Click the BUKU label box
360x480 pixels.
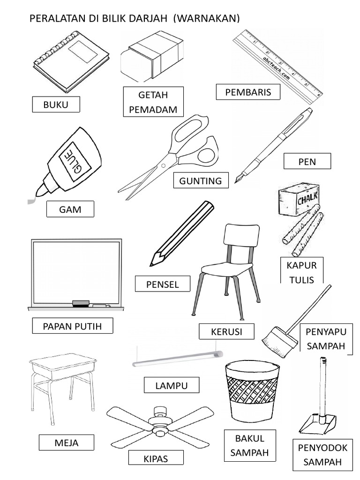(56, 105)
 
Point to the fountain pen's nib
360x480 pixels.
(239, 178)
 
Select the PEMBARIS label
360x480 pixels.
(248, 92)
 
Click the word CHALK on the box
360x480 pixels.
(307, 198)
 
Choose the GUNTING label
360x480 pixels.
(201, 180)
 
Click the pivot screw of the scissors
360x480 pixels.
(163, 165)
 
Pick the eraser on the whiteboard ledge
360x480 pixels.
(81, 303)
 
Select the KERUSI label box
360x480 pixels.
(226, 331)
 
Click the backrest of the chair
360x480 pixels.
(242, 235)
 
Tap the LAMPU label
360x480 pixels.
(172, 385)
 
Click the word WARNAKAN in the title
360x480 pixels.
(206, 18)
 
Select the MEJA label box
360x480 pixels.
(67, 442)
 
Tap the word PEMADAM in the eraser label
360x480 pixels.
(153, 109)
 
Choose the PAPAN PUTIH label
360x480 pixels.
(72, 326)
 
